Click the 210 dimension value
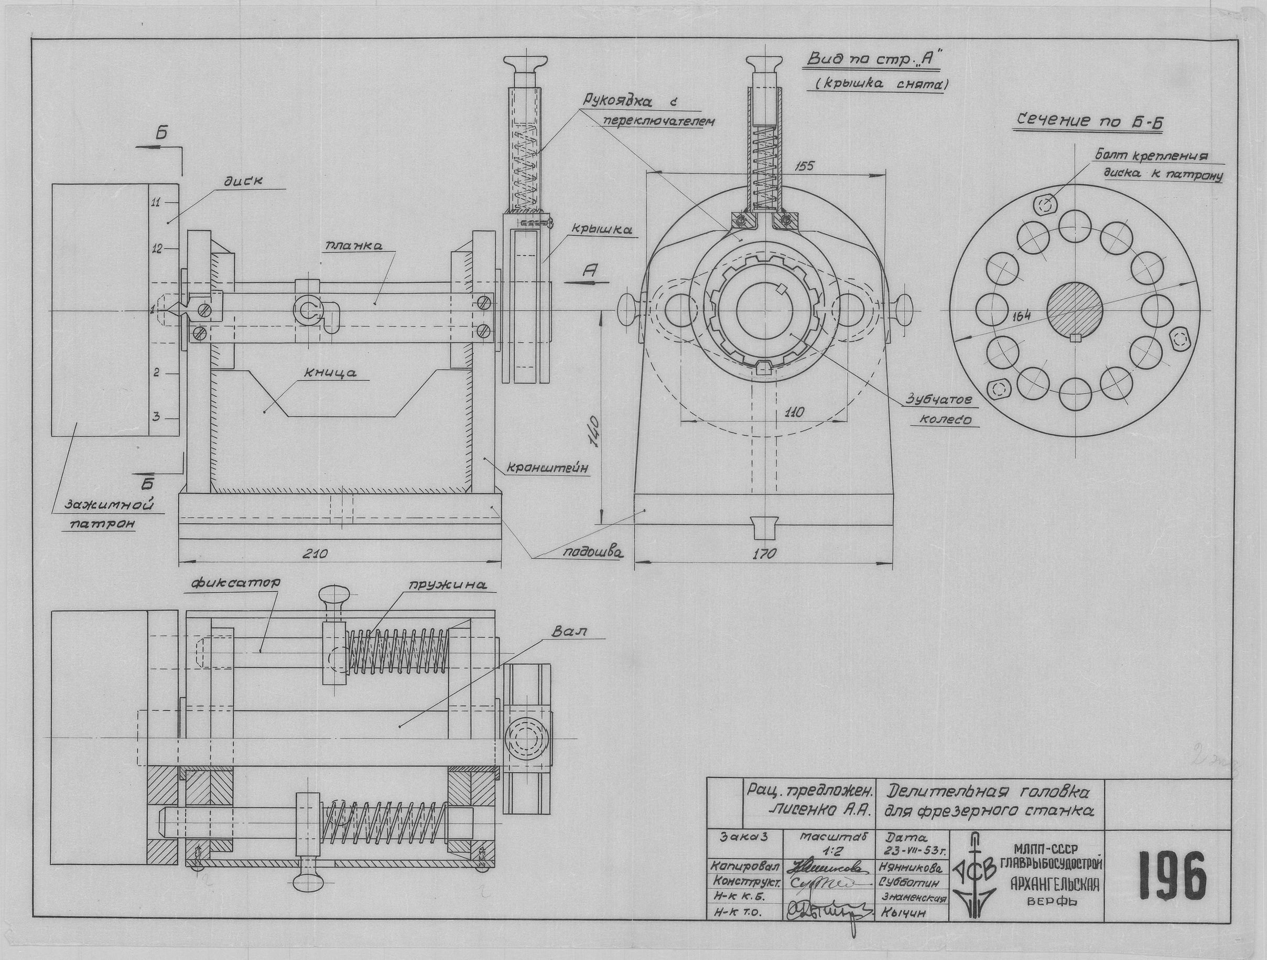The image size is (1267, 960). coord(315,554)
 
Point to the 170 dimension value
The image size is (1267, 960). coord(764,553)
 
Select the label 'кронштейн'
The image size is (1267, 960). coord(547,468)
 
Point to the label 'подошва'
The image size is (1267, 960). coord(592,552)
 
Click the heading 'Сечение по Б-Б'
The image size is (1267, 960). coord(1088,122)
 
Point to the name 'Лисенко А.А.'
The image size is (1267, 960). coord(819,811)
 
